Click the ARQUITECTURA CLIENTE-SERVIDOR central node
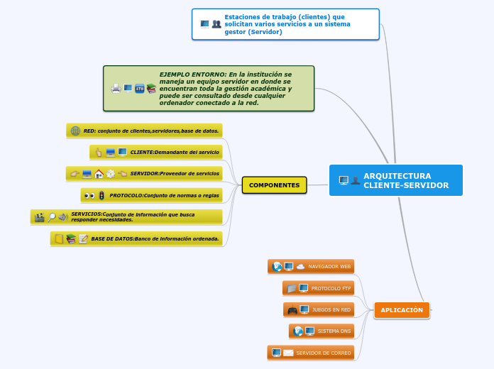pos(396,180)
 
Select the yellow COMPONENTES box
pos(274,185)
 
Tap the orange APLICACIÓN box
pos(401,310)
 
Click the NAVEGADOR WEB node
pos(329,267)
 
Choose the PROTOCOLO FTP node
pos(331,288)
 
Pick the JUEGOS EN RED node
pos(331,309)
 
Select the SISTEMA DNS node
pos(334,331)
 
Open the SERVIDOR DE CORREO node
pos(323,353)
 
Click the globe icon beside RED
pos(75,131)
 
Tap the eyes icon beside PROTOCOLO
pos(89,195)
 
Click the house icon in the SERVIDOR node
pos(99,174)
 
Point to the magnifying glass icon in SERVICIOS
pos(51,217)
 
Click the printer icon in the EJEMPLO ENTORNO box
pos(116,89)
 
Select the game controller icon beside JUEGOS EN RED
pos(292,309)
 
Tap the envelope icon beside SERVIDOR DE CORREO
pos(288,353)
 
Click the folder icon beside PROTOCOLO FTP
pos(291,288)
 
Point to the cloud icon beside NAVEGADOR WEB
pos(300,267)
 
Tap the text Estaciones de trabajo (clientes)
pos(284,16)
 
